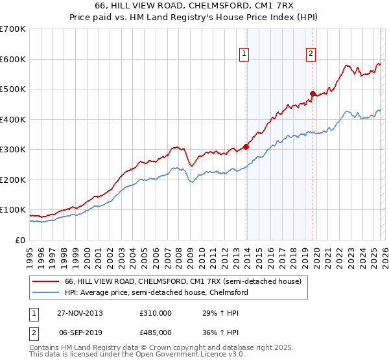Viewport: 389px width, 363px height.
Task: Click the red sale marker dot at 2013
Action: tap(246, 146)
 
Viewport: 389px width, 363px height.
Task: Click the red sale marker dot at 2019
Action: tap(312, 93)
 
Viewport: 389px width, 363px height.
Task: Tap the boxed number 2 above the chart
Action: tap(311, 54)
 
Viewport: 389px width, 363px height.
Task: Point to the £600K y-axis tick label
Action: tap(12, 59)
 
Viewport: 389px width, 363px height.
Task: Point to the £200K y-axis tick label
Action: tap(12, 180)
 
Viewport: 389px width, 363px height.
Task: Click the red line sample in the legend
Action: tap(46, 282)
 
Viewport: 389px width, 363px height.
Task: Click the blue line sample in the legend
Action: tap(46, 293)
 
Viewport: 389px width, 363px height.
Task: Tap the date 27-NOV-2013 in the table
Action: tap(80, 313)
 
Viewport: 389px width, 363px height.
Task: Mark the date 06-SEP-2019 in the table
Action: tap(80, 332)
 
